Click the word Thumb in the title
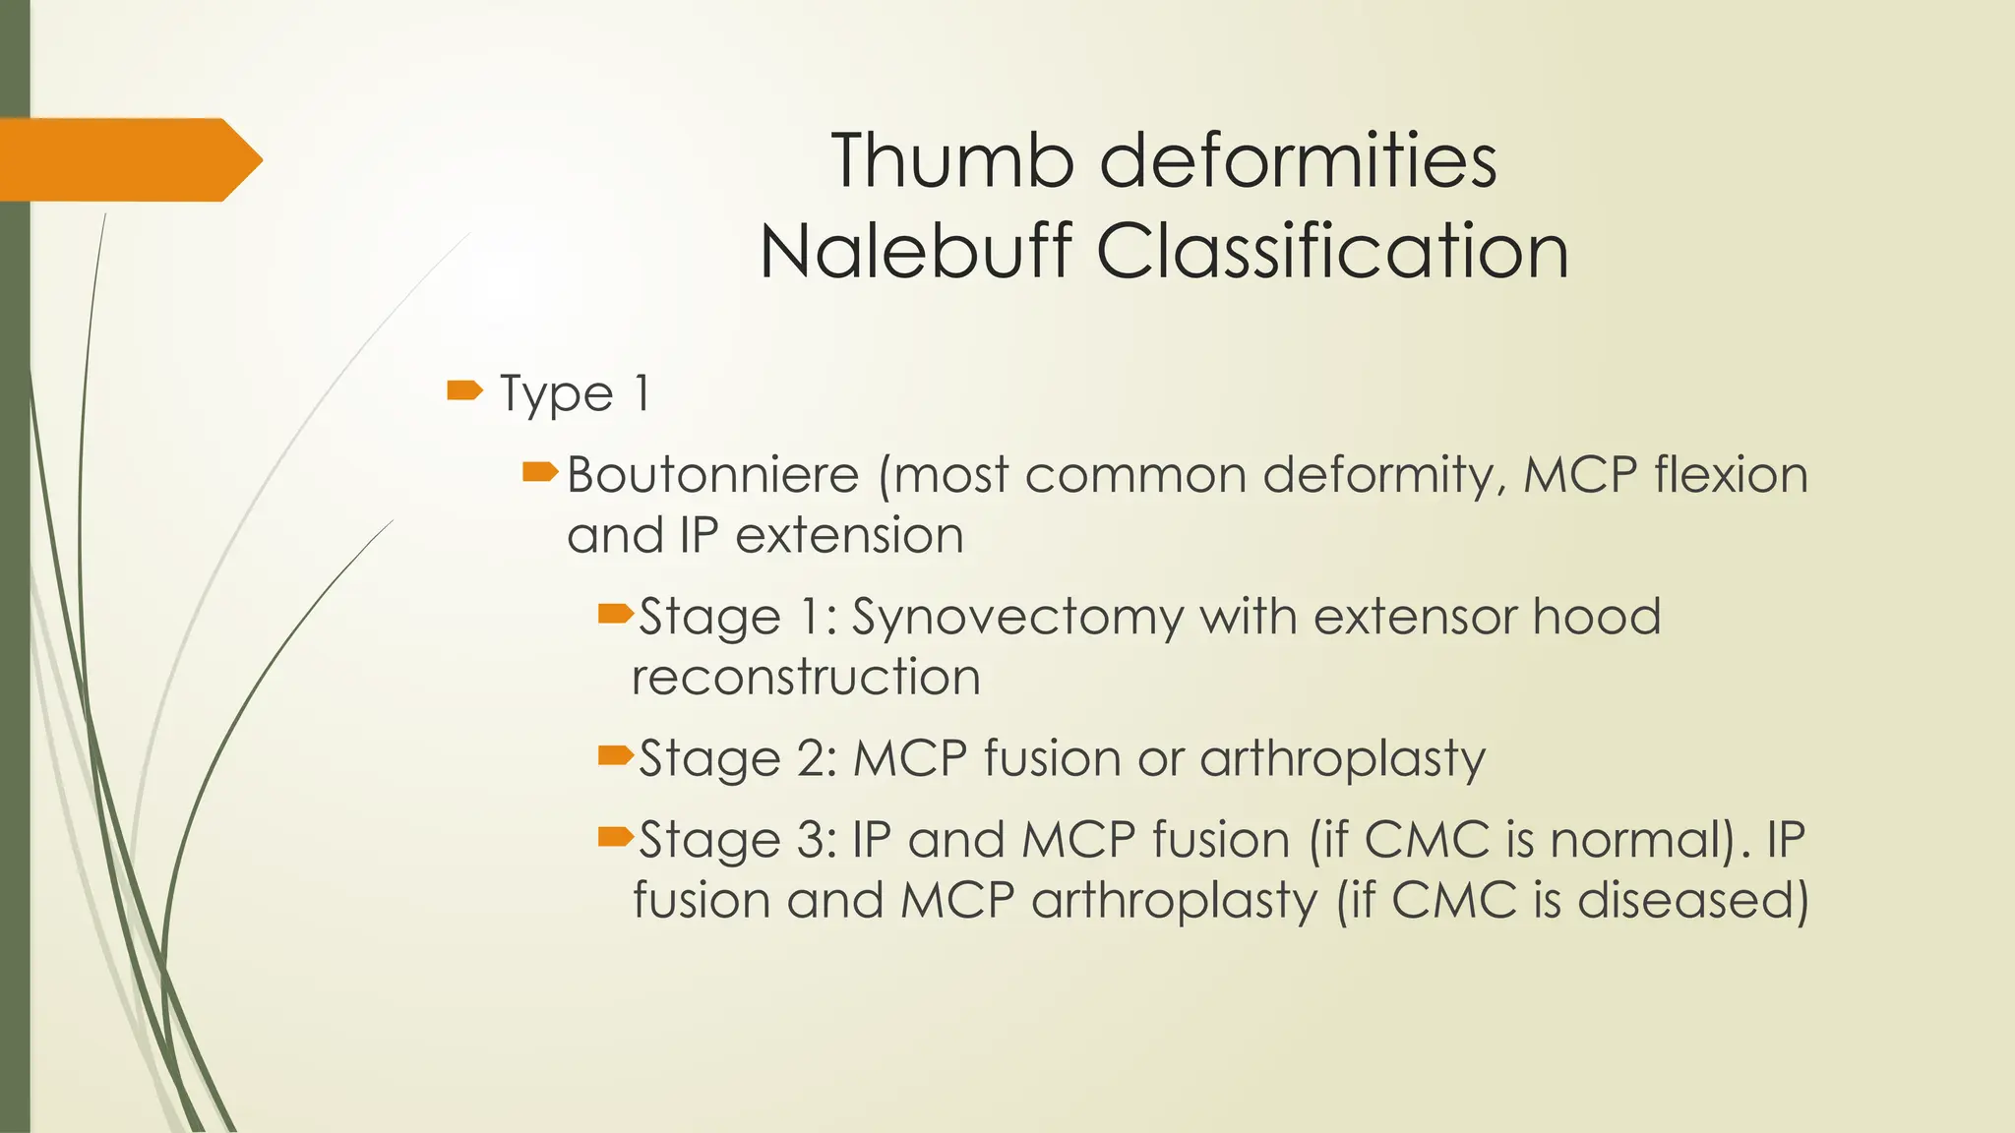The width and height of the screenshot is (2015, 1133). pos(952,160)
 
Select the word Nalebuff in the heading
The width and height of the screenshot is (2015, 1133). pos(915,252)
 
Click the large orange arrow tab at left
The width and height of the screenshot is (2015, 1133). pos(128,159)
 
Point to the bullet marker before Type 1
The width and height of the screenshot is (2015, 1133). pos(464,391)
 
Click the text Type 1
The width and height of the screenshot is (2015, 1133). pos(575,393)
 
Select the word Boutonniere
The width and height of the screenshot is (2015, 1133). pos(713,475)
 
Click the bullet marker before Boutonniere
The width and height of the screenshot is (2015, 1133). pos(540,474)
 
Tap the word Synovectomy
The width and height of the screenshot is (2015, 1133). pos(1016,619)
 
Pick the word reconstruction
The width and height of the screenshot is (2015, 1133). pos(806,678)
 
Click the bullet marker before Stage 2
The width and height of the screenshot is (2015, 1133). pos(616,755)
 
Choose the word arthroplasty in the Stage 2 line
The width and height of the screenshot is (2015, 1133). pos(1342,759)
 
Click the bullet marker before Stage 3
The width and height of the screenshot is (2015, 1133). pos(616,837)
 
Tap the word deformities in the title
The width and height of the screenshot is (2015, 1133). pos(1297,160)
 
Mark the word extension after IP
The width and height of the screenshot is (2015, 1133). pos(849,536)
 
